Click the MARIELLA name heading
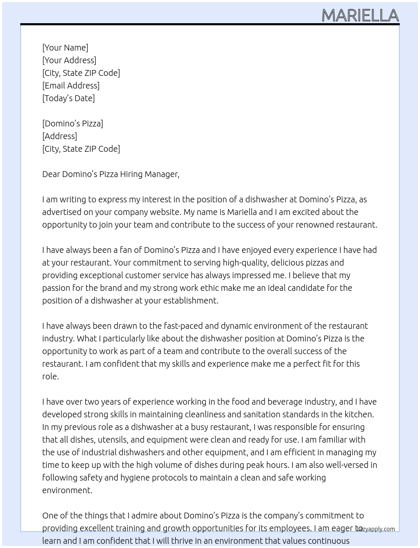point(360,16)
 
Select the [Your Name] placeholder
point(65,48)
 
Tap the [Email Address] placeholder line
point(71,86)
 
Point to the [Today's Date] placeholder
point(68,98)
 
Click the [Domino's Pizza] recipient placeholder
point(73,124)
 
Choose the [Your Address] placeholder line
point(69,60)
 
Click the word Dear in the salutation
point(51,174)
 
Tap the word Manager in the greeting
point(162,174)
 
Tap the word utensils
point(113,440)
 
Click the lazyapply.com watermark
point(376,529)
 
